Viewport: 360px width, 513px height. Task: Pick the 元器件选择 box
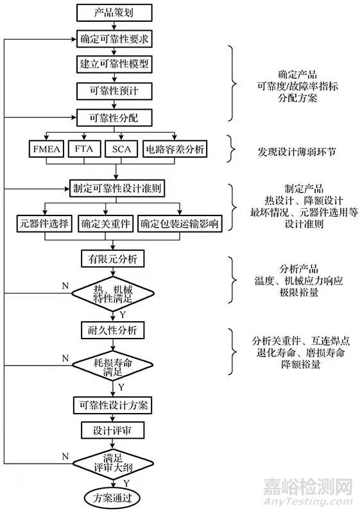tap(44, 224)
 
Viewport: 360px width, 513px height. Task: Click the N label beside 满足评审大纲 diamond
tap(65, 456)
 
